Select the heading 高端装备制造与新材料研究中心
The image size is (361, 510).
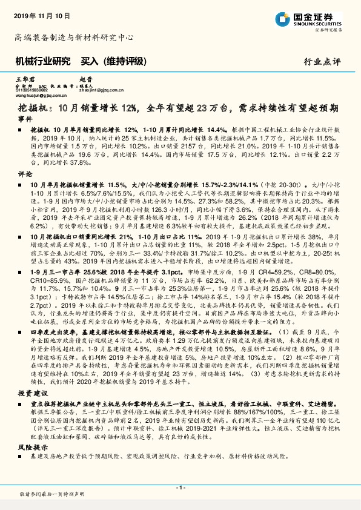74,38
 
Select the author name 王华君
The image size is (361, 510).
23,79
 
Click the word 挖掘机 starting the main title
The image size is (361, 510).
27,108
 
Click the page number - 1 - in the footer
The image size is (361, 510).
180,487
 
